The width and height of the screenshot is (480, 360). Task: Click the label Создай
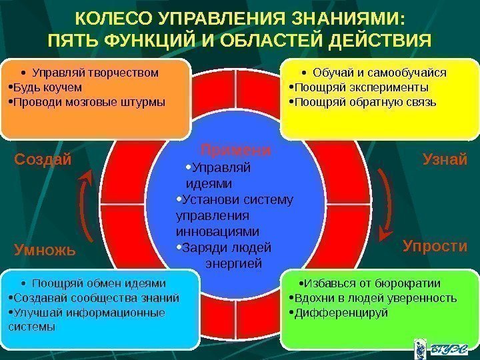(43, 160)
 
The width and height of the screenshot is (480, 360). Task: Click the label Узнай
(445, 160)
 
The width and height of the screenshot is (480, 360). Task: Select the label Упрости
(435, 246)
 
